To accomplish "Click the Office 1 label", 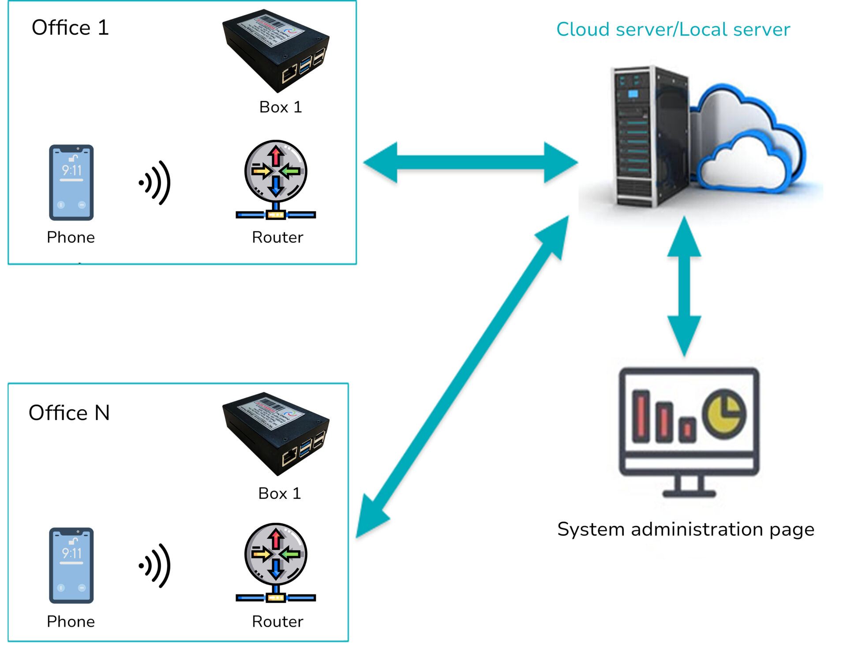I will [x=70, y=28].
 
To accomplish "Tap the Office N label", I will [x=69, y=413].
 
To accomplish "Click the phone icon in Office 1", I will [x=71, y=182].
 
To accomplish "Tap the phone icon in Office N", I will [x=71, y=565].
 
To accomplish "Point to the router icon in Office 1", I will [x=276, y=179].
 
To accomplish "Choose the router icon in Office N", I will [x=276, y=562].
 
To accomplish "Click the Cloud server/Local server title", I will [x=673, y=30].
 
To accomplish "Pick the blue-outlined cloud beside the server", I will [x=750, y=141].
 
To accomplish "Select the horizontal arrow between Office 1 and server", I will [x=470, y=162].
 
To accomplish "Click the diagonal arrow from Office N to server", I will [x=462, y=376].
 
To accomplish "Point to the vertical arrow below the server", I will [x=684, y=286].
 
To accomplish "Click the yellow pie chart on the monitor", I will [x=724, y=414].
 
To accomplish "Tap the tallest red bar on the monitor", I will [x=641, y=416].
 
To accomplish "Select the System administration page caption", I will [x=686, y=529].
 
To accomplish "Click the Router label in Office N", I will [x=277, y=621].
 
